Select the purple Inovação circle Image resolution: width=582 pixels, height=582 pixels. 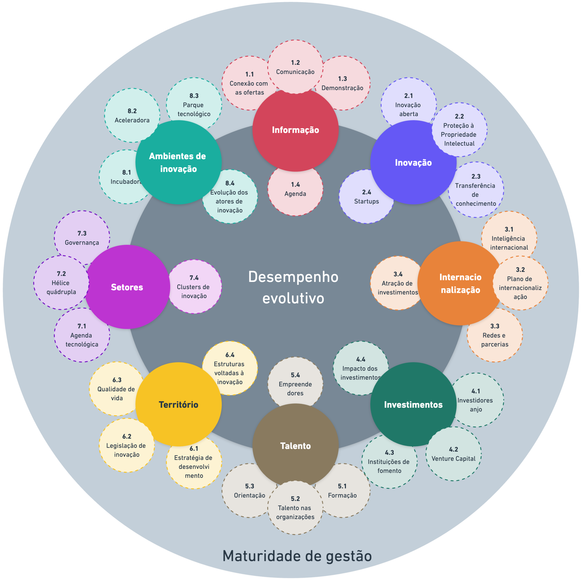click(x=413, y=163)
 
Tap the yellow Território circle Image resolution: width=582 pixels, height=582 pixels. click(x=178, y=404)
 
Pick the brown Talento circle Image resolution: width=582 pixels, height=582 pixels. click(x=295, y=446)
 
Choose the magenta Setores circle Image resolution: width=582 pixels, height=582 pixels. click(x=127, y=287)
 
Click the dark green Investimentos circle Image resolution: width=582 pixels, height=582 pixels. click(x=413, y=404)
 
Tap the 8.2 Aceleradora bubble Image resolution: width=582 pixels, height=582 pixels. click(x=132, y=115)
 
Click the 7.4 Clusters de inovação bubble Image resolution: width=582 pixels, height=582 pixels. click(x=194, y=287)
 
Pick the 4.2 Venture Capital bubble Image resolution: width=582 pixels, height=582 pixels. click(x=453, y=454)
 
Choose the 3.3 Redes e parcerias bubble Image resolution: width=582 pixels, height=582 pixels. click(x=495, y=335)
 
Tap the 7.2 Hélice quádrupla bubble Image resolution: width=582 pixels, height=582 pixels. click(x=61, y=283)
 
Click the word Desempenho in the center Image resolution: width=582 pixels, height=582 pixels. click(x=293, y=277)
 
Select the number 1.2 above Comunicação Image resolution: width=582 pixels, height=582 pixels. click(x=295, y=63)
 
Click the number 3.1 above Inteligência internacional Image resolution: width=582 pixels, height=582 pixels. click(x=509, y=229)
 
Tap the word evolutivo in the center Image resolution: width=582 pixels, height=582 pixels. click(x=293, y=298)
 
